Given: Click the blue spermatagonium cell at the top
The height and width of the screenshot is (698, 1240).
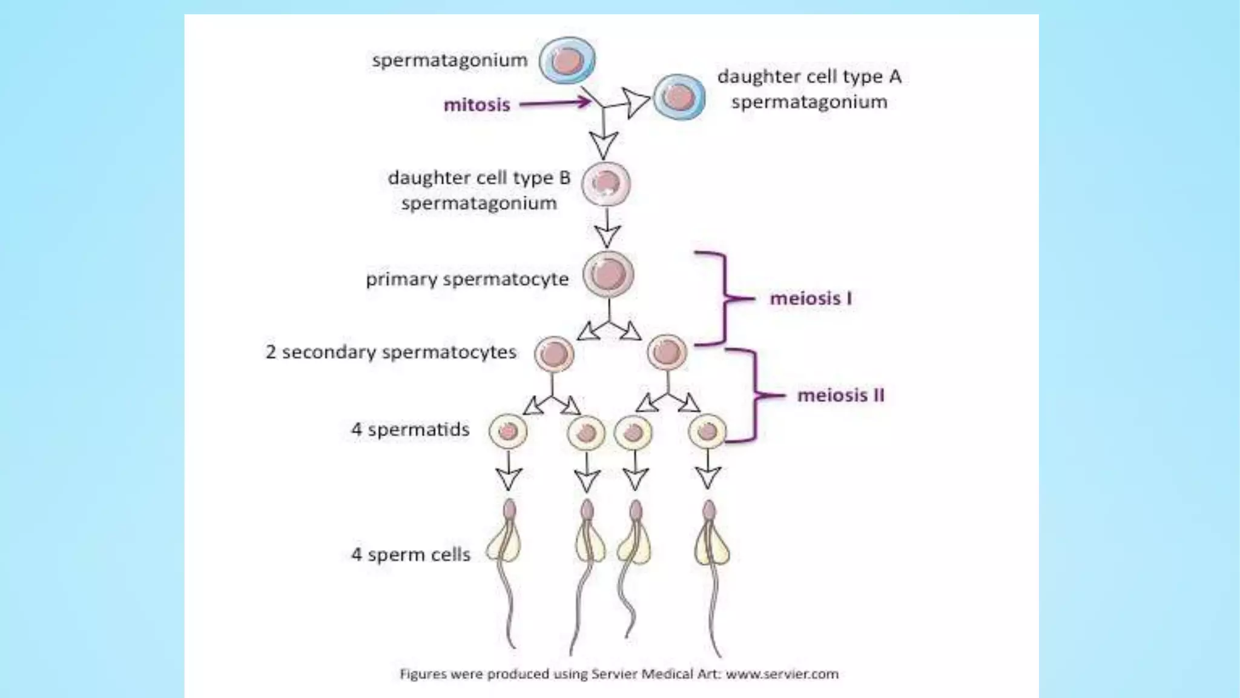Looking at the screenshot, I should pos(567,61).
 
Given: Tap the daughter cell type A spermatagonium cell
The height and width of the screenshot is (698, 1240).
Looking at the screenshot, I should pos(679,97).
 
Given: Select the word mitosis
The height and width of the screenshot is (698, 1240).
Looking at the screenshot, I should pos(477,105).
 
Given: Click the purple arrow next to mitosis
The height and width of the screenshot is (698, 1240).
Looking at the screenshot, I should pos(555,103).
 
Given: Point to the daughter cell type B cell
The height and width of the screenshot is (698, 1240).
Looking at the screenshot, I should pos(606,184).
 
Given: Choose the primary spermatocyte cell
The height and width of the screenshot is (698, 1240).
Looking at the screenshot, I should pos(608,274).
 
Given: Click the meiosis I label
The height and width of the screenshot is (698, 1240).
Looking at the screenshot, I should pos(810,298).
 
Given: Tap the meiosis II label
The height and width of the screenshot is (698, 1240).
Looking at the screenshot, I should pos(840,396).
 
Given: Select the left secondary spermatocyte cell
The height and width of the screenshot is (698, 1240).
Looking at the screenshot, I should pos(553,354).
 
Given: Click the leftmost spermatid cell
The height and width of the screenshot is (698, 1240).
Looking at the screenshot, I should pos(508,431).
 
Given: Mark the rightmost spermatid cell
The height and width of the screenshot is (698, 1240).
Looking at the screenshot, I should pos(707,432).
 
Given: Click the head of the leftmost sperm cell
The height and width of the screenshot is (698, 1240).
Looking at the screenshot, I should pos(510,509).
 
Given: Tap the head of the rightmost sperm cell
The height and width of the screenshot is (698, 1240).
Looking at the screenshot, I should pos(709,510).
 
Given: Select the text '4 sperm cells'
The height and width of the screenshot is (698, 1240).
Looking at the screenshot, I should pos(411,554).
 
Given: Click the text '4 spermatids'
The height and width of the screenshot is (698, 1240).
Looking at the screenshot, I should pos(411,430).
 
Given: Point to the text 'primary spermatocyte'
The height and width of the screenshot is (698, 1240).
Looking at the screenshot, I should pos(467,279).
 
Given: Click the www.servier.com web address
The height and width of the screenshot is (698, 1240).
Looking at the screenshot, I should pos(782,674).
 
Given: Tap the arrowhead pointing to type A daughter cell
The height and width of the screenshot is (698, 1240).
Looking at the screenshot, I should pos(636,103).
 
